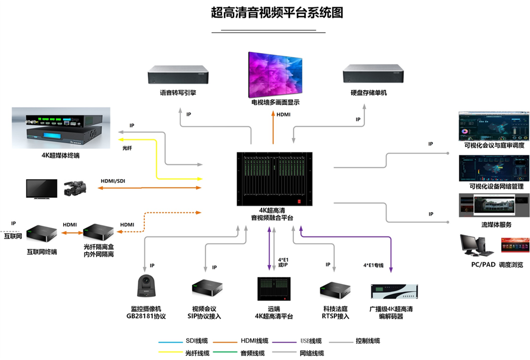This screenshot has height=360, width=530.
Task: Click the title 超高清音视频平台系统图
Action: pos(273,13)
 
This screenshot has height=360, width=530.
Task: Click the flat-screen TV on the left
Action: pos(42,189)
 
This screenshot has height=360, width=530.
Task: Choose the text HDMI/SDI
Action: pos(113,181)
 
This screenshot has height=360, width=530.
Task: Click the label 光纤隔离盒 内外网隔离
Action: pos(98,251)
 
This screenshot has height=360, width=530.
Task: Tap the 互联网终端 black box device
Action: pos(42,234)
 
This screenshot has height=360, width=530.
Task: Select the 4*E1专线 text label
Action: pos(373,264)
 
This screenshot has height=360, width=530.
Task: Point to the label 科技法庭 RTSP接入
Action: pos(336,313)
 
